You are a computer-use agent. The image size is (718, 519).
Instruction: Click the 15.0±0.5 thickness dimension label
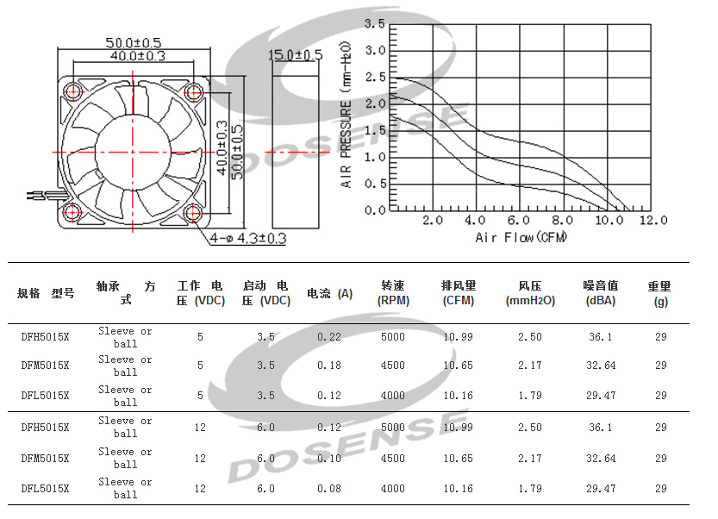[296, 55]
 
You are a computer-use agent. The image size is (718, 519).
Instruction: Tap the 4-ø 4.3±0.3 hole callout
[247, 238]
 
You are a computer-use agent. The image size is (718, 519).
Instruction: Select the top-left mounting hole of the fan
[73, 91]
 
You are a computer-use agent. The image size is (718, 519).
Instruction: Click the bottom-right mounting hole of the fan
[193, 212]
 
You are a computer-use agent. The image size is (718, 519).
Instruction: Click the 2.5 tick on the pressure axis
[375, 77]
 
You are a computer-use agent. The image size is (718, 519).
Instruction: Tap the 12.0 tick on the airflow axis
[653, 221]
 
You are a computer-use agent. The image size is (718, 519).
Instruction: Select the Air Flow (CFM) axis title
[521, 237]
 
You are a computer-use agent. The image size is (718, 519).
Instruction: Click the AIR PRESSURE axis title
[346, 115]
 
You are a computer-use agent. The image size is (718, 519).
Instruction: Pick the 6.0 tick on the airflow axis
[518, 221]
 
